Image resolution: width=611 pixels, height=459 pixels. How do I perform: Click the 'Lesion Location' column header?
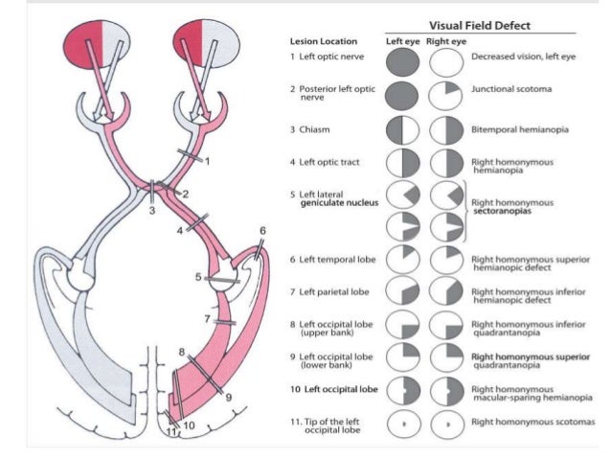click(x=324, y=41)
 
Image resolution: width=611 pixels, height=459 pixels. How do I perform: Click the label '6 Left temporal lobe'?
click(x=332, y=260)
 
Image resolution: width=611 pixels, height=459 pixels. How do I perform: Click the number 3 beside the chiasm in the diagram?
click(x=151, y=209)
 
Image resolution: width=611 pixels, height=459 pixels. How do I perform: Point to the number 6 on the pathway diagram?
click(x=262, y=230)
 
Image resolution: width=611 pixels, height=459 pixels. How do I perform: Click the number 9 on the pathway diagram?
click(x=229, y=396)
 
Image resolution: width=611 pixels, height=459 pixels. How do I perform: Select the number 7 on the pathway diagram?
click(x=207, y=318)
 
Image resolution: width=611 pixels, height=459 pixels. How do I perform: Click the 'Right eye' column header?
click(x=446, y=41)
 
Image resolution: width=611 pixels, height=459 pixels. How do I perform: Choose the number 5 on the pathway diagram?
click(x=198, y=277)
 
